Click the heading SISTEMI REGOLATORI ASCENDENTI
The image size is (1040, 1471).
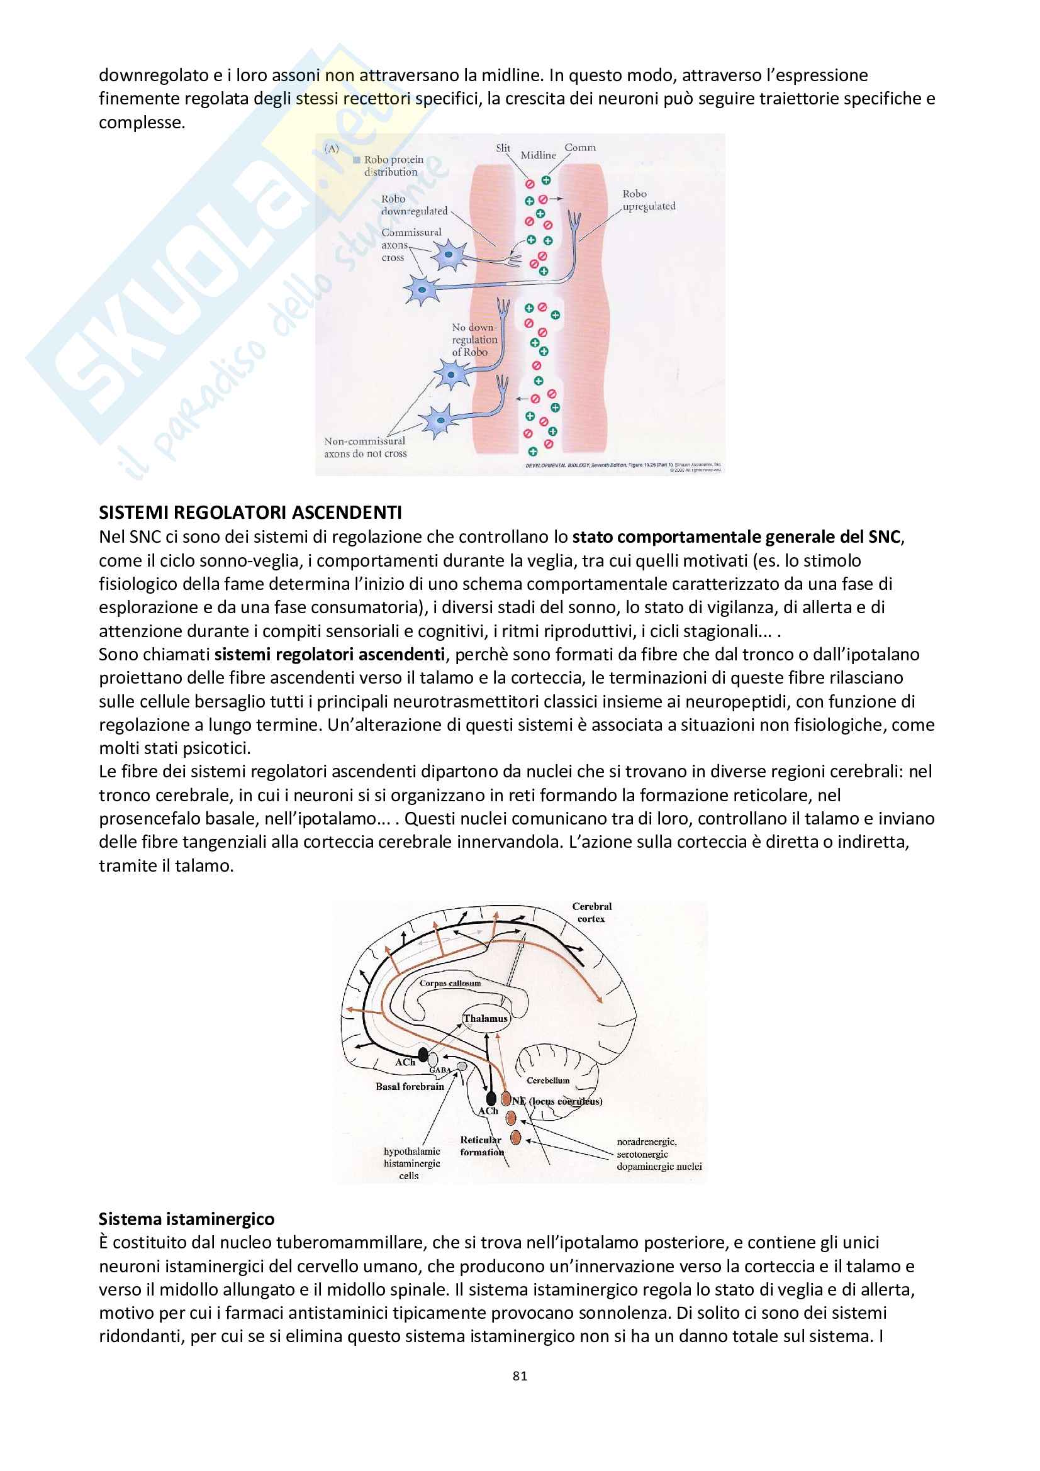(250, 513)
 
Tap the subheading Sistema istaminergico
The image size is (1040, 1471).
(186, 1219)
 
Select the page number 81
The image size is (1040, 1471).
(520, 1375)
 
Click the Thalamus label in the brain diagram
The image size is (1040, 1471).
(485, 1018)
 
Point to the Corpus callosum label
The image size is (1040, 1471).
(450, 983)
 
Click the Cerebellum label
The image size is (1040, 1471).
(548, 1080)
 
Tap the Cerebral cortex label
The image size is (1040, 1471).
(591, 913)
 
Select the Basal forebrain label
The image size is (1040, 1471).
(410, 1086)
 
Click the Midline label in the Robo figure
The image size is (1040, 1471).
(539, 155)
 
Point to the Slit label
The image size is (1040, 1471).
(503, 148)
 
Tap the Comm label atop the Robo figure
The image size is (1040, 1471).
(580, 147)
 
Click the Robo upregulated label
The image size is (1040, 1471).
(649, 200)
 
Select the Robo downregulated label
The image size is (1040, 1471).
(414, 205)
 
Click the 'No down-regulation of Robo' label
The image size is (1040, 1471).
(474, 340)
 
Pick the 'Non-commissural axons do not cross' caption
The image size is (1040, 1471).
(366, 447)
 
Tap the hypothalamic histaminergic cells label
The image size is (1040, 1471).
(411, 1163)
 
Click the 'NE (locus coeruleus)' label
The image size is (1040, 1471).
(556, 1101)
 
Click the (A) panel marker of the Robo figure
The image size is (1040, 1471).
(332, 148)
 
